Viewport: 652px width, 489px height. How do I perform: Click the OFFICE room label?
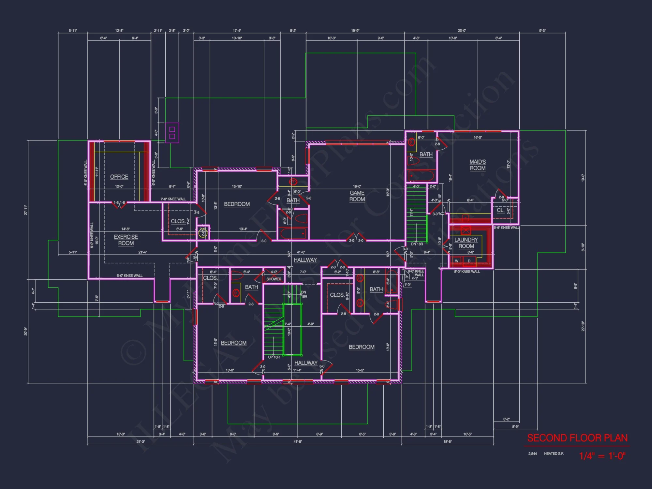pyautogui.click(x=119, y=177)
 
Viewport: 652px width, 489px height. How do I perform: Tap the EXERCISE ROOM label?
pyautogui.click(x=126, y=240)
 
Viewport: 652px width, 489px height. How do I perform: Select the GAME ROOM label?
pyautogui.click(x=357, y=196)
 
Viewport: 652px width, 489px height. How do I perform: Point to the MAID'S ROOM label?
pyautogui.click(x=478, y=165)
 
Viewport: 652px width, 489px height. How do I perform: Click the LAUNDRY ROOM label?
pyautogui.click(x=466, y=243)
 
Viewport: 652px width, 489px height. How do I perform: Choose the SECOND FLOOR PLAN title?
pyautogui.click(x=577, y=438)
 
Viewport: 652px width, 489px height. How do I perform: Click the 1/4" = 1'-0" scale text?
pyautogui.click(x=602, y=456)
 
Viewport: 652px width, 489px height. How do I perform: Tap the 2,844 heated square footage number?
pyautogui.click(x=532, y=454)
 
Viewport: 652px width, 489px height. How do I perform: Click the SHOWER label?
pyautogui.click(x=274, y=279)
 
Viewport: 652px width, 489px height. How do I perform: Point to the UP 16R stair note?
pyautogui.click(x=274, y=357)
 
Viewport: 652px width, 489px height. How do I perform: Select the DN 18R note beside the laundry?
pyautogui.click(x=417, y=244)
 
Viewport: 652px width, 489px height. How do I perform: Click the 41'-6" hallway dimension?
pyautogui.click(x=301, y=252)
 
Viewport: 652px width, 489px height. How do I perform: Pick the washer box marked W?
pyautogui.click(x=457, y=261)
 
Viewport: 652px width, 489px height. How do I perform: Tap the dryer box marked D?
pyautogui.click(x=469, y=261)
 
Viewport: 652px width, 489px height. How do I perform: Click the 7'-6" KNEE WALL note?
pyautogui.click(x=173, y=199)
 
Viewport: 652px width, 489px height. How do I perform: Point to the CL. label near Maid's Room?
pyautogui.click(x=500, y=210)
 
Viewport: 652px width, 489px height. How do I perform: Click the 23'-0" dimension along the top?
pyautogui.click(x=462, y=31)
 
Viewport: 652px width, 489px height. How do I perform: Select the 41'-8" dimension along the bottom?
pyautogui.click(x=298, y=442)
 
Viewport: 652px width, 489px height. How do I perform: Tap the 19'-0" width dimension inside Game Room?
pyautogui.click(x=357, y=186)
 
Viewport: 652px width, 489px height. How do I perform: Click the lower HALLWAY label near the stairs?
pyautogui.click(x=306, y=363)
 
